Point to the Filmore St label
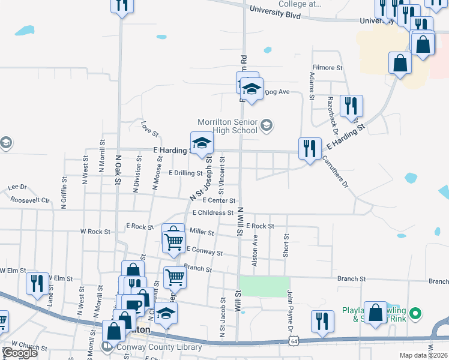(327, 68)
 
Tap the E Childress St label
(212, 212)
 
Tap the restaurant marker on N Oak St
(122, 5)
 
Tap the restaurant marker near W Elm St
(37, 283)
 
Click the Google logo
(20, 353)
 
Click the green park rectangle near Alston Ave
(264, 287)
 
